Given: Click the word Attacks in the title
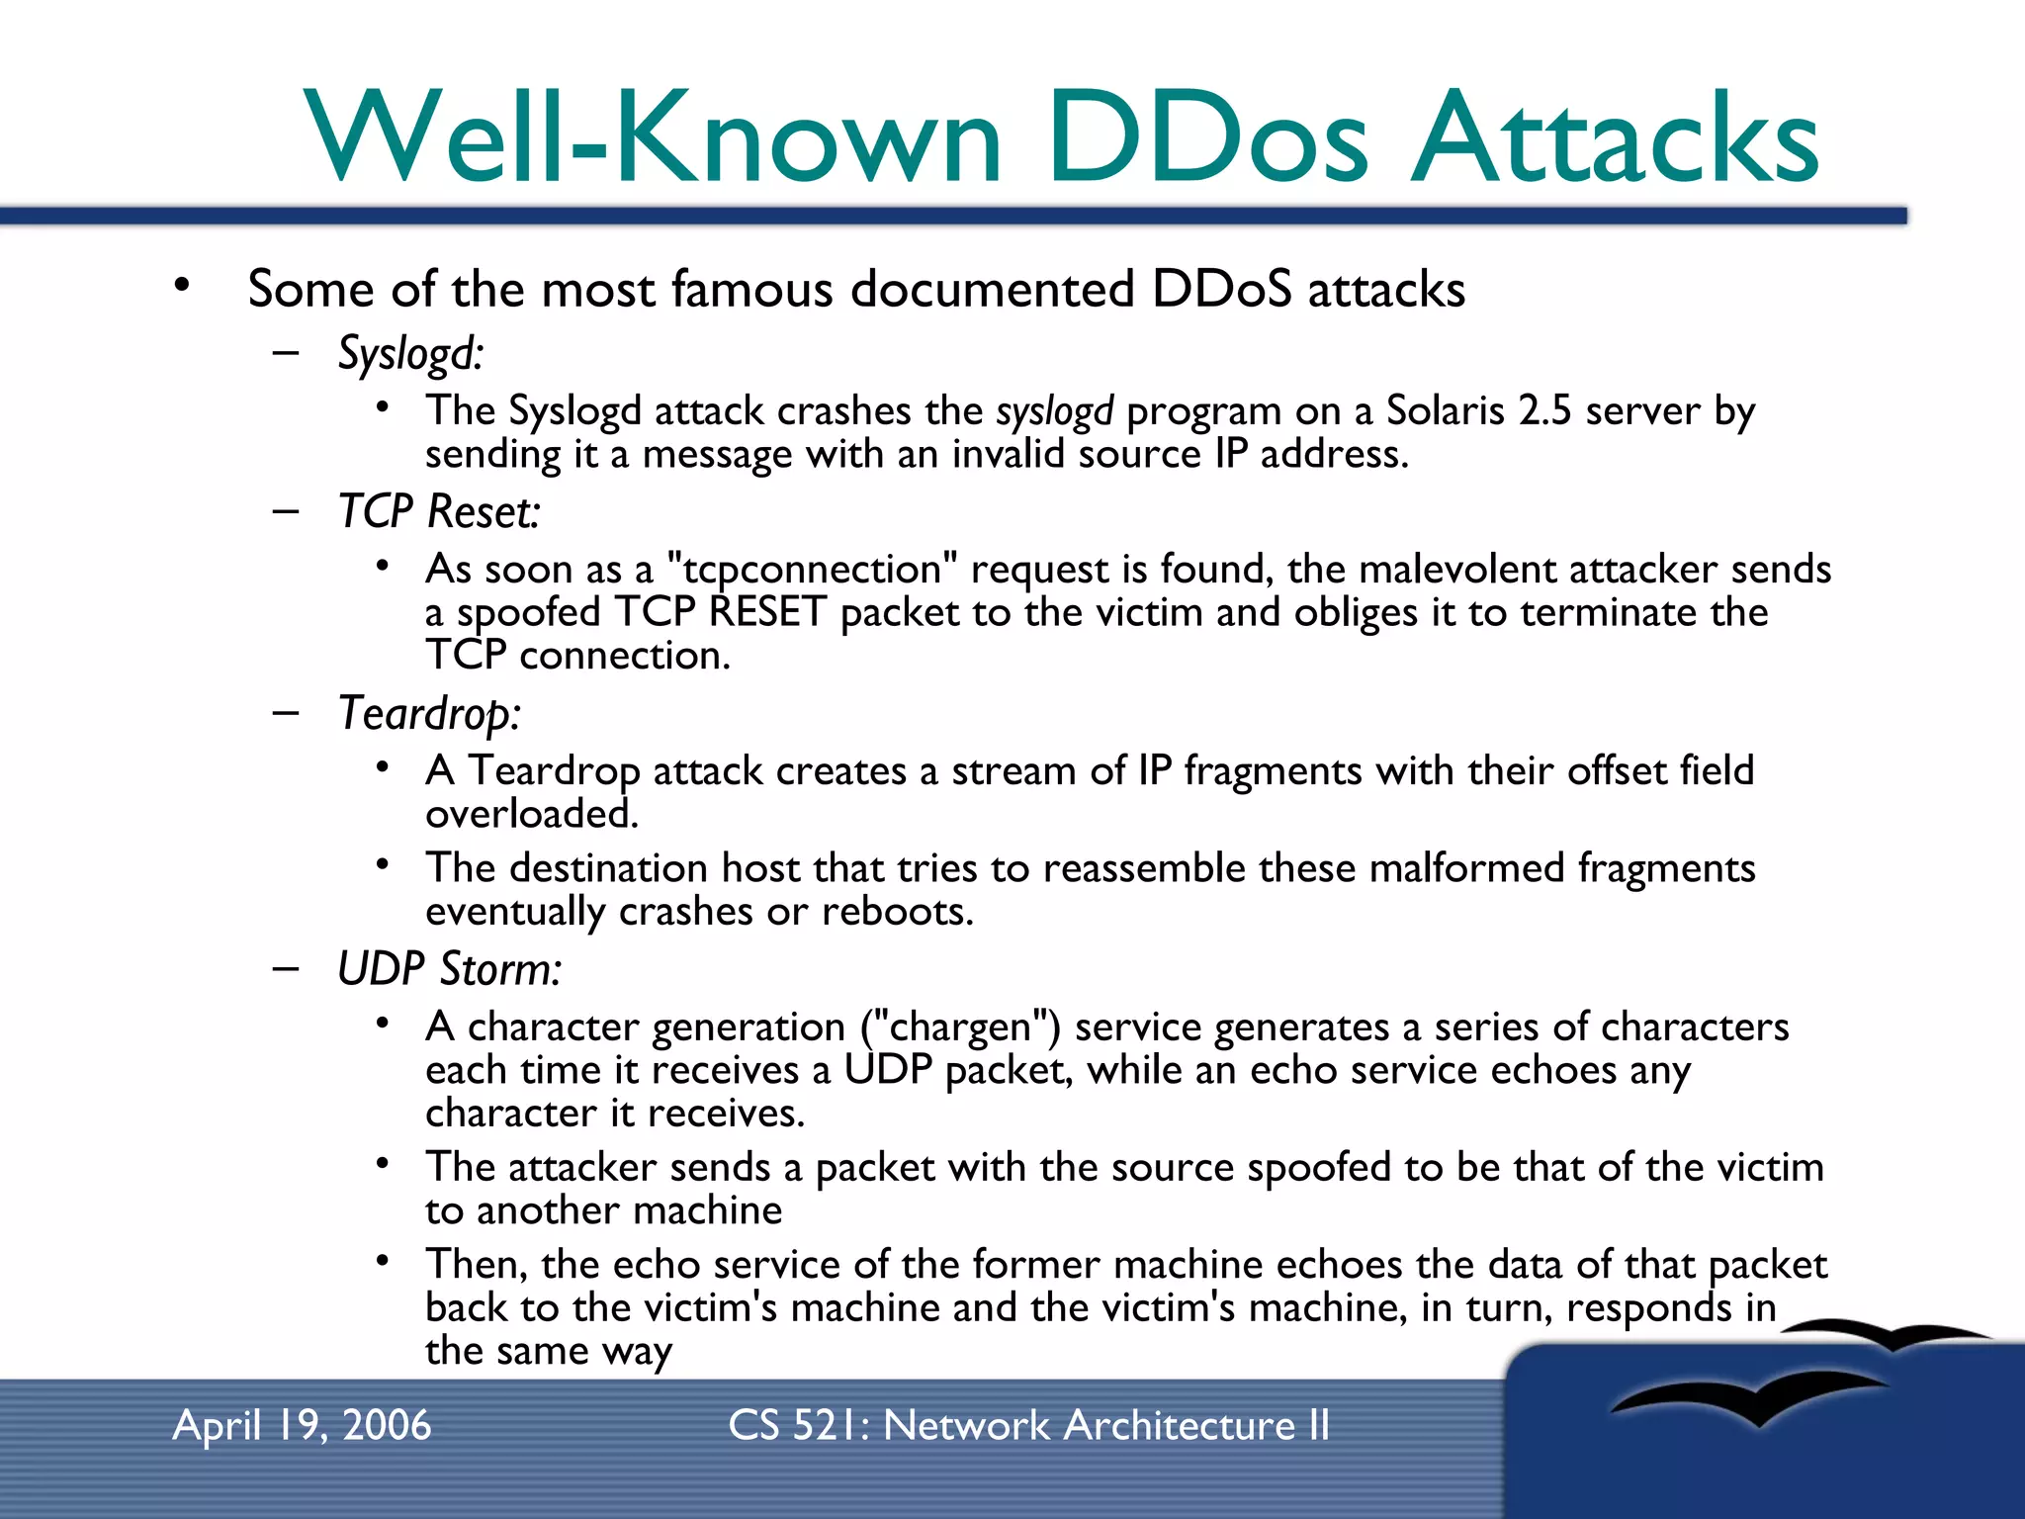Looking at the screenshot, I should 1614,138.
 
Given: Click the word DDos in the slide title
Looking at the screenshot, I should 1208,138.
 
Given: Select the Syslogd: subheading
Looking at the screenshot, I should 410,354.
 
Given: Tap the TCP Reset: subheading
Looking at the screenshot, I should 439,512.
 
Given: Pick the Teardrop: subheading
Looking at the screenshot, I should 429,714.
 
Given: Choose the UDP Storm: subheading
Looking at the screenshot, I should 449,969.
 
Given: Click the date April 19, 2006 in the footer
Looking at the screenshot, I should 302,1425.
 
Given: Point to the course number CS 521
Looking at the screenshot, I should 797,1425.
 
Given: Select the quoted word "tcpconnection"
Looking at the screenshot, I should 812,570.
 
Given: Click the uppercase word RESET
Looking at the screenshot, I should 767,612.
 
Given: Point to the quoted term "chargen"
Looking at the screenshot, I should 960,1028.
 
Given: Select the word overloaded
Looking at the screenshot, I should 532,814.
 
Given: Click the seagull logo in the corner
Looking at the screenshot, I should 1760,1385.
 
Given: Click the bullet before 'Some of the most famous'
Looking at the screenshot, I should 181,287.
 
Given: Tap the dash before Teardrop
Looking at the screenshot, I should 286,712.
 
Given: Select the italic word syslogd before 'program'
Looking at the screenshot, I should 1054,410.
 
